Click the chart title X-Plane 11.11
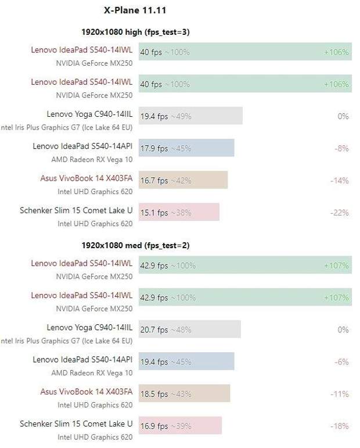(x=135, y=10)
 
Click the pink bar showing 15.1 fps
(x=179, y=212)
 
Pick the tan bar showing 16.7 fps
(x=183, y=180)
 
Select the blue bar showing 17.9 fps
(x=186, y=148)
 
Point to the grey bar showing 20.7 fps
(x=189, y=329)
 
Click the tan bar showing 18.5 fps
(x=184, y=394)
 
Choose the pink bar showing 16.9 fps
(x=180, y=426)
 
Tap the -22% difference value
(x=339, y=213)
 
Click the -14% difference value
(x=339, y=181)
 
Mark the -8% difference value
(x=341, y=149)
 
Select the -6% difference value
(x=341, y=361)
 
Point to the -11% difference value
(x=340, y=394)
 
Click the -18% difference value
(x=339, y=426)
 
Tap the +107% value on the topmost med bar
(x=336, y=266)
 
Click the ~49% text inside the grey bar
(x=181, y=116)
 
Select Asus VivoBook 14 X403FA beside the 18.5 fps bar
(x=87, y=392)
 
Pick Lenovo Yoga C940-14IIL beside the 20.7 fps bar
(x=89, y=327)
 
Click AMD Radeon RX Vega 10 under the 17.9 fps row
(x=92, y=159)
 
